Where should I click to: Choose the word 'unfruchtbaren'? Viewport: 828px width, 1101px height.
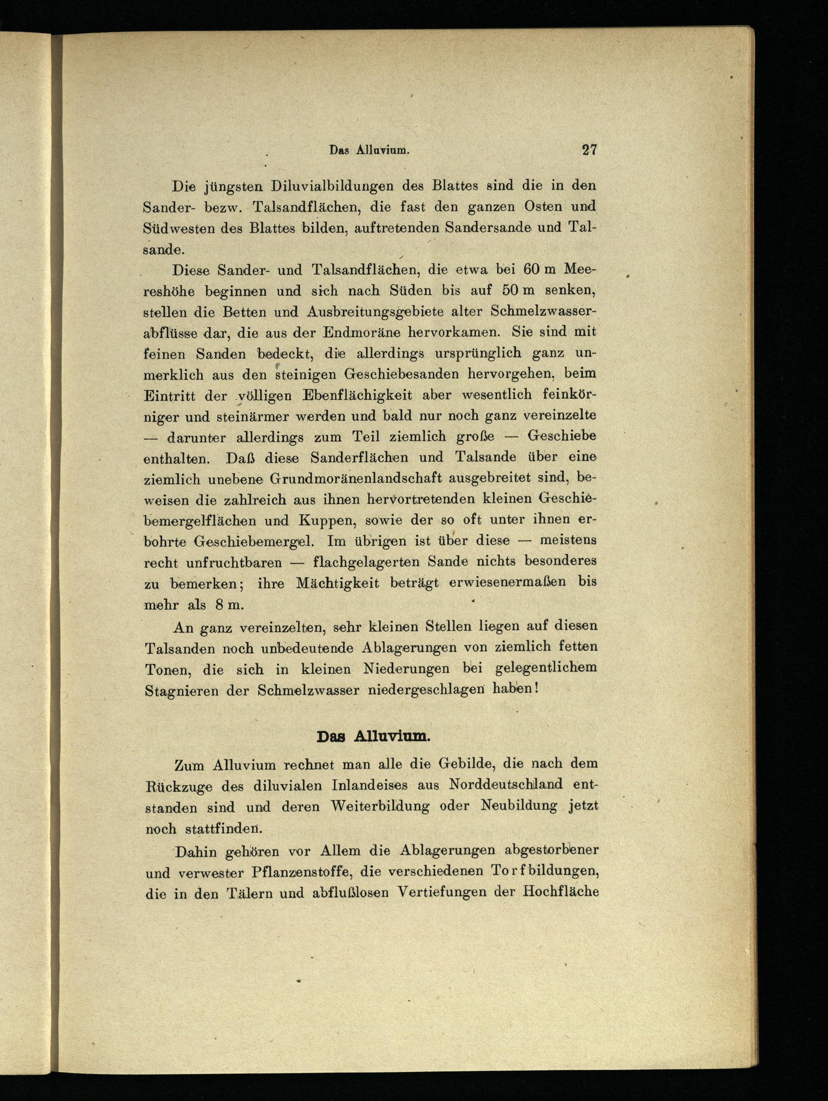pos(234,563)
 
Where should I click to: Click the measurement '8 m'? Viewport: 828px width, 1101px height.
pos(228,604)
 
